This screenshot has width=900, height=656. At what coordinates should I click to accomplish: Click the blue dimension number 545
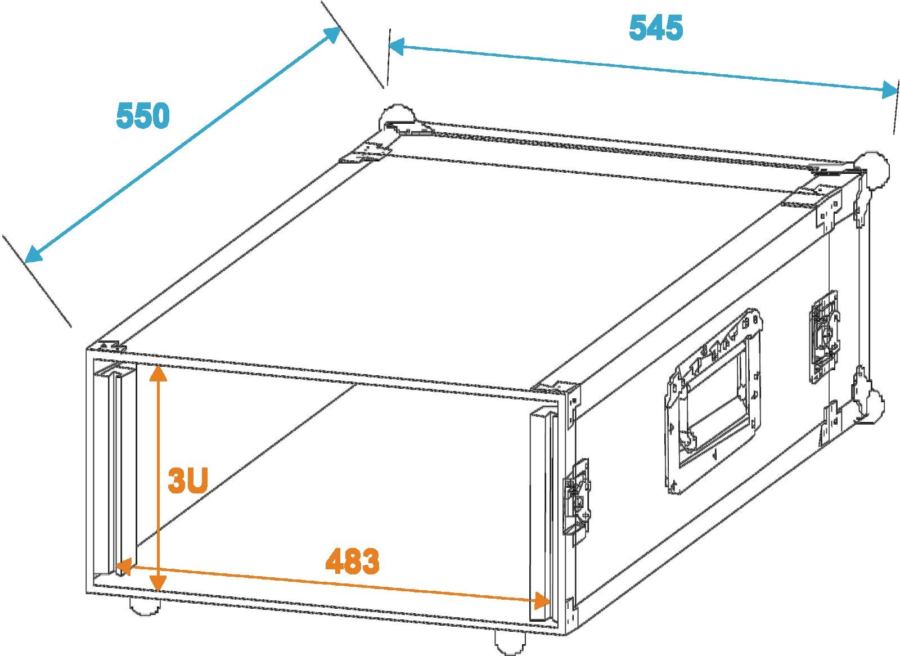tap(656, 28)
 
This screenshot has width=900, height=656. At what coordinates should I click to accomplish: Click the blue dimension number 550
tap(143, 115)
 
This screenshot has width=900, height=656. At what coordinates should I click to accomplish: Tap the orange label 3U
tap(188, 480)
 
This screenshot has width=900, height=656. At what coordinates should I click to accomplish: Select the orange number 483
tap(352, 561)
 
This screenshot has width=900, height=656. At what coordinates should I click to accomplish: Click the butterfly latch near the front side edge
tap(577, 502)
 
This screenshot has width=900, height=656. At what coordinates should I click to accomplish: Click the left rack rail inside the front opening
tap(116, 466)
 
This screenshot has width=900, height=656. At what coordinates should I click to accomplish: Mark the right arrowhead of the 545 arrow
tap(887, 89)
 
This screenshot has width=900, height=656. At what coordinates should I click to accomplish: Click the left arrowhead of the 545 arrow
tap(398, 47)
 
